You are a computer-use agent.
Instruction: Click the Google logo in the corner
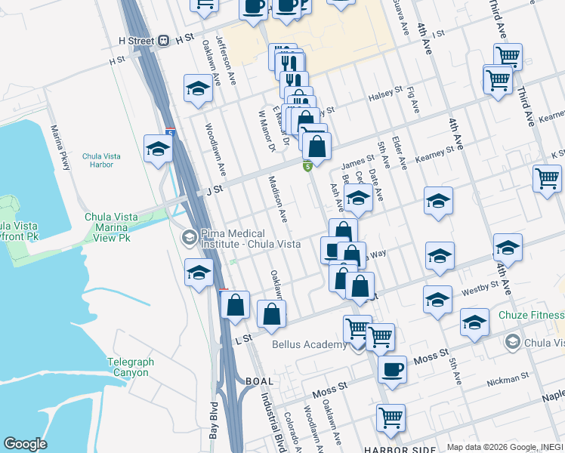pos(25,444)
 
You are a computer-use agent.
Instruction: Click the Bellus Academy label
pos(310,345)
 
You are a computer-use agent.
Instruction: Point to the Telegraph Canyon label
pos(131,367)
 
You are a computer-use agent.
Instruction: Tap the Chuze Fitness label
pos(536,315)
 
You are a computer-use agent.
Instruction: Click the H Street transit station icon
pos(164,41)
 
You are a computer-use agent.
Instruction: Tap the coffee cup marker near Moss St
pos(392,369)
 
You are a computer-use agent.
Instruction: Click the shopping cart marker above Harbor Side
pos(391,418)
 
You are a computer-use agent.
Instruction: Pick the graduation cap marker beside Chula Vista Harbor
pos(158,148)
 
